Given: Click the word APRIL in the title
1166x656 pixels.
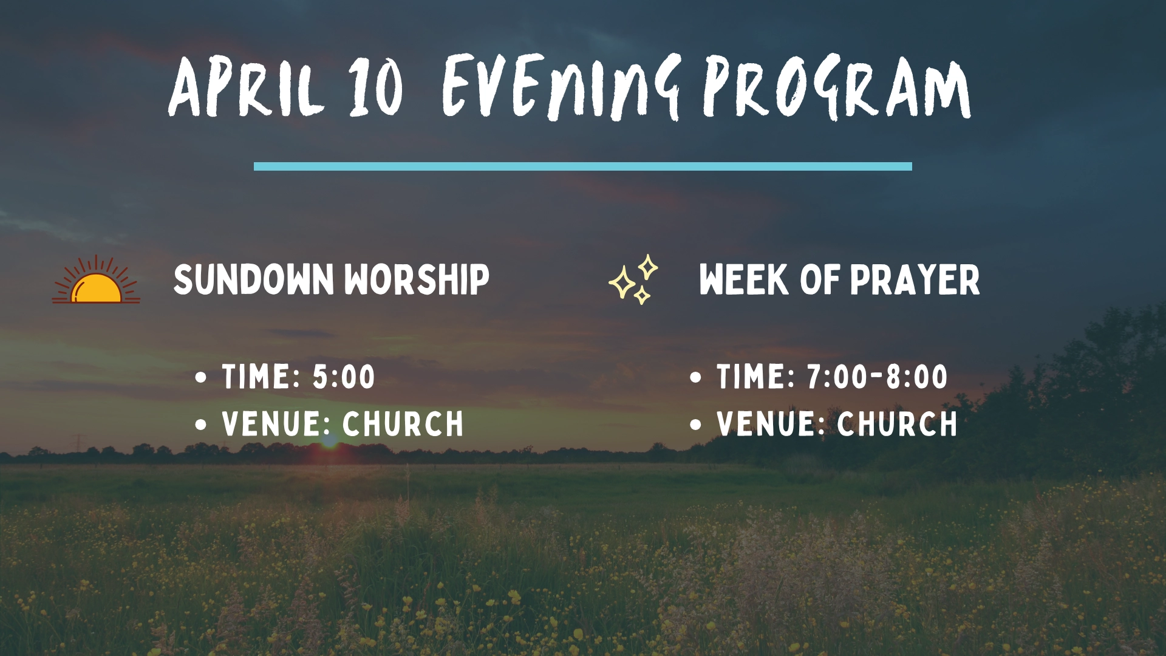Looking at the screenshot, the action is point(245,87).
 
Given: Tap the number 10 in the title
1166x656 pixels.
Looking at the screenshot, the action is point(376,87).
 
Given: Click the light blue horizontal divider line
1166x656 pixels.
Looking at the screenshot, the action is point(583,166).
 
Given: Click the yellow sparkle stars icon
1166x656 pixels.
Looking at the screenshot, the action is point(633,279).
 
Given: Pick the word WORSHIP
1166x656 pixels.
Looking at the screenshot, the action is point(417,280).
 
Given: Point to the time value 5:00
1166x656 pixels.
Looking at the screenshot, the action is point(344,377).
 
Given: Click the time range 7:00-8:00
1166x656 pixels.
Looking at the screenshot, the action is point(877,377).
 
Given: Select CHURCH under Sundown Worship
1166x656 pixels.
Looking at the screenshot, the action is point(403,424).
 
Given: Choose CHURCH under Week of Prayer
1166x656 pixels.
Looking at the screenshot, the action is point(898,424).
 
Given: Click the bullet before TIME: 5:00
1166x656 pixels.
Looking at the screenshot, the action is point(201,377).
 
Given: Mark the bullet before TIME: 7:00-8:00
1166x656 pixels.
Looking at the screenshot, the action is point(696,377).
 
